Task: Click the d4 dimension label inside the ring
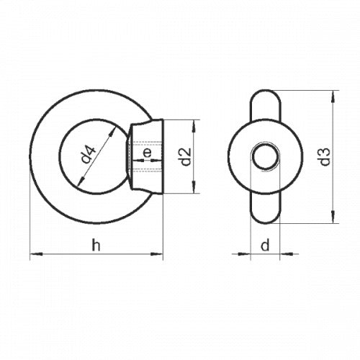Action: coord(87,154)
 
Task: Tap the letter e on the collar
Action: coord(147,153)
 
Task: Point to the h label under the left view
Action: coord(96,246)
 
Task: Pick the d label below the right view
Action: coord(264,246)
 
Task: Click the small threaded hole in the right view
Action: coord(264,157)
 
